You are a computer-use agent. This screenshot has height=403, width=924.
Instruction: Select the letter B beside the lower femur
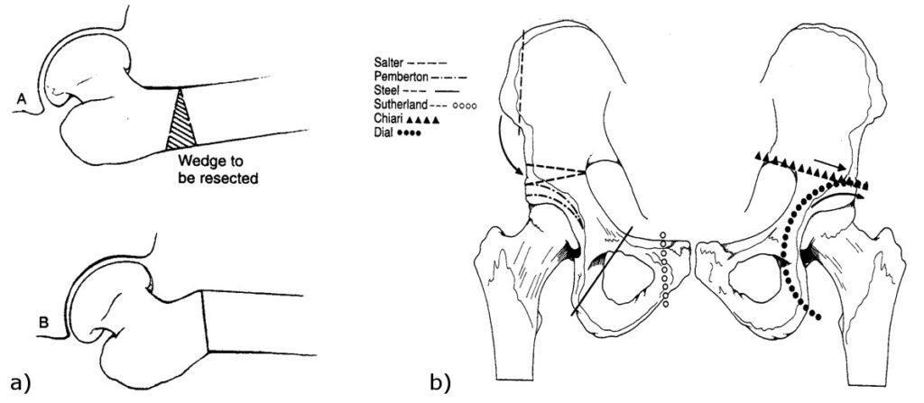[43, 323]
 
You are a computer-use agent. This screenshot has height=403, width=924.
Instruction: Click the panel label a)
[17, 383]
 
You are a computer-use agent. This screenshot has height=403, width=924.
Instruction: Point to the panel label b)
[439, 383]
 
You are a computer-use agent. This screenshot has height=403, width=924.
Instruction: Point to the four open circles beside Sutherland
[465, 106]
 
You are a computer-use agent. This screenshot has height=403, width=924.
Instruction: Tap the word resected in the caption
[234, 177]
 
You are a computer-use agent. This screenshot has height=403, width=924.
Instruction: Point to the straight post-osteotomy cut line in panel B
[205, 321]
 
